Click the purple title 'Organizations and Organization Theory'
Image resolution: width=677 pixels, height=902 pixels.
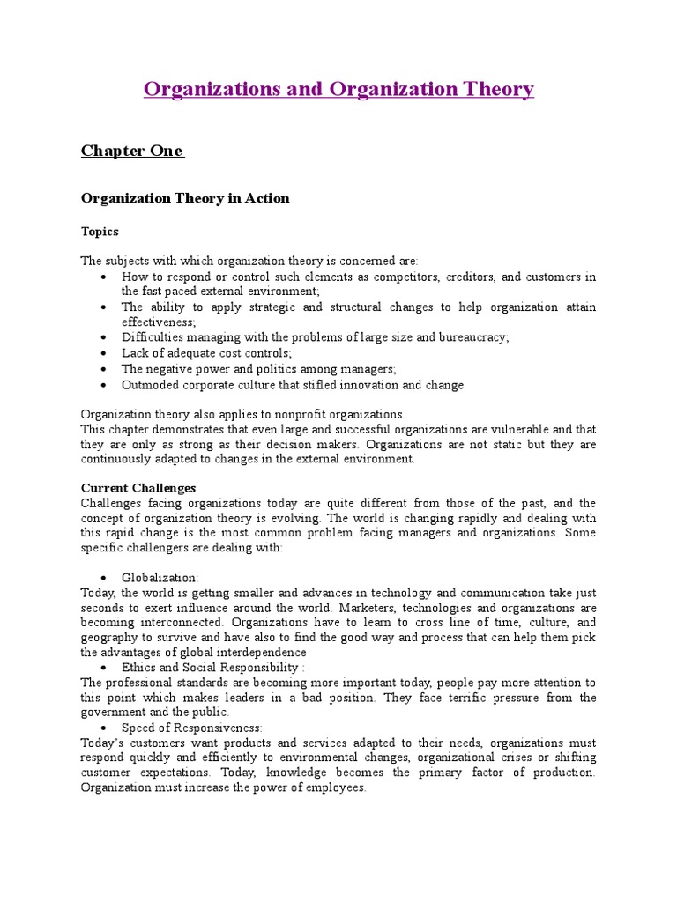(x=338, y=89)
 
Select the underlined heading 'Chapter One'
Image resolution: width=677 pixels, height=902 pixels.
(x=131, y=151)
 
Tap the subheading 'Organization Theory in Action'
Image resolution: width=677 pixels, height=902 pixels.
(x=185, y=198)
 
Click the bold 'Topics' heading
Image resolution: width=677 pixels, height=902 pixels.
(x=100, y=232)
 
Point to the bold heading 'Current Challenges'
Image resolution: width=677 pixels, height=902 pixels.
(x=138, y=487)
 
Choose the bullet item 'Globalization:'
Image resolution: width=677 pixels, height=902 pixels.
(x=160, y=577)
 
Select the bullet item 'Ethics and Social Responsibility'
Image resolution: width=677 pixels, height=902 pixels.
(x=212, y=668)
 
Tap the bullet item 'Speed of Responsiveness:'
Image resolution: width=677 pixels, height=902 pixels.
(x=191, y=728)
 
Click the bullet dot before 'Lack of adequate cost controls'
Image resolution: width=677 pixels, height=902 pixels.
(x=104, y=353)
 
